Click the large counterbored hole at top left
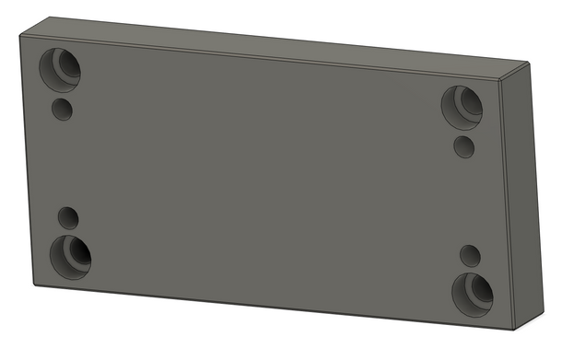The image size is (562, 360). coord(60,66)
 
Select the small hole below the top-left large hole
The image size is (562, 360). coord(62,110)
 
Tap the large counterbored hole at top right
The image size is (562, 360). coord(462,104)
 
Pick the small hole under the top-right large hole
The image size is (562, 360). coord(465,145)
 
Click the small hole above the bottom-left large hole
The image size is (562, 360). coord(68,217)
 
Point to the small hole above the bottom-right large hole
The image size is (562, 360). coord(470,255)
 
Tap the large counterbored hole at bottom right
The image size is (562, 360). coord(474,292)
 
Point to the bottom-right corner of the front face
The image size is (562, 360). coord(512,328)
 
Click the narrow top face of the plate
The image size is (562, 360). coord(276,43)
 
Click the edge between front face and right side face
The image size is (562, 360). coord(506,203)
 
